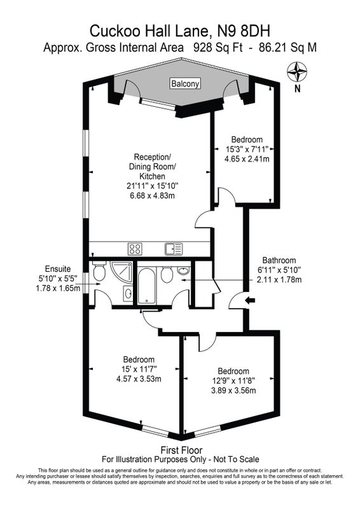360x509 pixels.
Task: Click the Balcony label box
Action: point(185,83)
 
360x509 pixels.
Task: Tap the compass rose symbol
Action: point(297,72)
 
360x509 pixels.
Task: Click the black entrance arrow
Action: point(250,300)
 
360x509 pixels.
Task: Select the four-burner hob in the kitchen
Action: point(135,249)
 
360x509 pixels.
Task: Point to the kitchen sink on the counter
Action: point(174,249)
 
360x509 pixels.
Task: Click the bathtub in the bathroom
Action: point(147,286)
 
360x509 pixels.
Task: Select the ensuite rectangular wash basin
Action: point(128,293)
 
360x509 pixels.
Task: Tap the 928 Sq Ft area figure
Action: point(218,48)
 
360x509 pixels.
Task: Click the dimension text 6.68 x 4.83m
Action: point(153,196)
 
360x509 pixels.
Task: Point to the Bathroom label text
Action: point(279,260)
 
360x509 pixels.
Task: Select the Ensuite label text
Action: point(58,268)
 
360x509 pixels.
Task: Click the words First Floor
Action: point(181,450)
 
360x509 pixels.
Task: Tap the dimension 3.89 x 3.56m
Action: point(233,390)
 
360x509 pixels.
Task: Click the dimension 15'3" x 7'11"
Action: point(247,150)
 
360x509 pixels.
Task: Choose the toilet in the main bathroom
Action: point(167,275)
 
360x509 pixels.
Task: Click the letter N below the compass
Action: point(297,88)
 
